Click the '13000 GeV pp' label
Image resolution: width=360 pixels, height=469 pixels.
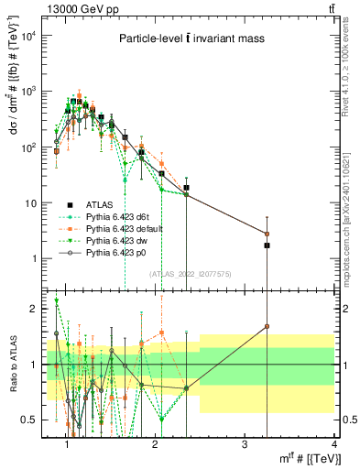[x=75, y=7]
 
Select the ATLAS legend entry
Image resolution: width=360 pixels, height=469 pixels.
[x=102, y=204]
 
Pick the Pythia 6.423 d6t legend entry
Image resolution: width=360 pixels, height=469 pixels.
[x=117, y=216]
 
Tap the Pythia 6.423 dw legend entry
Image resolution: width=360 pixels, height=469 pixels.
[x=115, y=240]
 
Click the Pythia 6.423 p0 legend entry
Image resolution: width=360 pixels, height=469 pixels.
[x=115, y=252]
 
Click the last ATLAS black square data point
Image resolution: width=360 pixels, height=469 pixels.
[x=267, y=245]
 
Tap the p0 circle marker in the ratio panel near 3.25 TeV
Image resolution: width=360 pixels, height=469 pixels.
[x=267, y=326]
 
